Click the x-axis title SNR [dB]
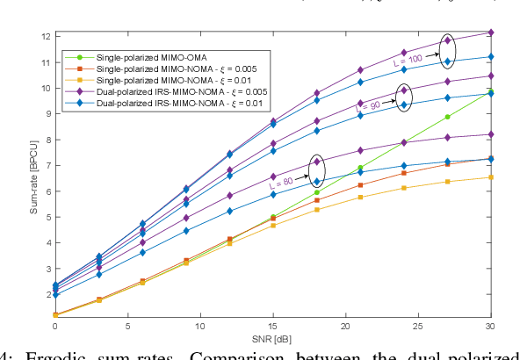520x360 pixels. tap(271, 340)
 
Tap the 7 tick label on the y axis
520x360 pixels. tap(47, 164)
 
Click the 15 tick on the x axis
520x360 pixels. tap(272, 327)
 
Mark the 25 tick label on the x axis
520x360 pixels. tap(418, 327)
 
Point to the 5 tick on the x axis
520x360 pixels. tap(126, 327)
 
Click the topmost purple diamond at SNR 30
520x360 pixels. tap(490, 32)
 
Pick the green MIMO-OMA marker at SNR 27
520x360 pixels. tap(447, 117)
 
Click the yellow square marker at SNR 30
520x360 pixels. tap(490, 177)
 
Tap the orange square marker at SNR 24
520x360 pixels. tap(403, 173)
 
